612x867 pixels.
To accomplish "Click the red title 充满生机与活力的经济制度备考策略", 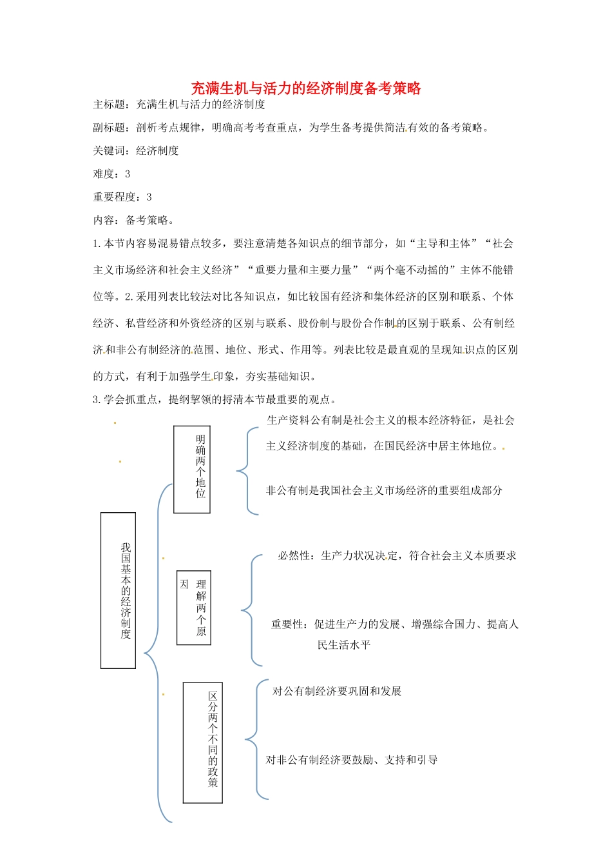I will [x=306, y=88].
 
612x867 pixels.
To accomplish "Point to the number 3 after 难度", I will [x=128, y=174].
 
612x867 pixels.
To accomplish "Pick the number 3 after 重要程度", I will [x=149, y=197].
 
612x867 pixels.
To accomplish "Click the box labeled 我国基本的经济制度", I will [x=119, y=590].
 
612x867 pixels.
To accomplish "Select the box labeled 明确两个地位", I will [x=192, y=469].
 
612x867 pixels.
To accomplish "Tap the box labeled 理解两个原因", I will [x=194, y=608].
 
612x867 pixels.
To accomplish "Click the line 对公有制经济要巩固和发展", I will [x=337, y=692].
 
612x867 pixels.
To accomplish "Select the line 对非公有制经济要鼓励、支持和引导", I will [x=352, y=761].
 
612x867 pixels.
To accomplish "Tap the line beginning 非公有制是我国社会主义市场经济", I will [x=384, y=491].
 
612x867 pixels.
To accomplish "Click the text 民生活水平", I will [x=344, y=645].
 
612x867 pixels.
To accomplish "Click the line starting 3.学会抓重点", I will [x=215, y=400].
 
